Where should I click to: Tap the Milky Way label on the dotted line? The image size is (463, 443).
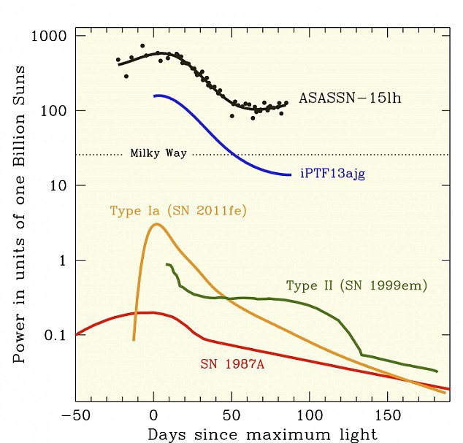point(158,153)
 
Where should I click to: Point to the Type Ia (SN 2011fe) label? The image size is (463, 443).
point(177,212)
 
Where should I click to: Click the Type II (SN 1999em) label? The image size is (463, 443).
point(356,285)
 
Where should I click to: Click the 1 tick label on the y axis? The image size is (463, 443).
point(62,261)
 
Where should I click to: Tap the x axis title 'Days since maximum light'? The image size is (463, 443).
point(263,434)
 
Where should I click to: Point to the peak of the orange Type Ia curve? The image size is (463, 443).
point(156,224)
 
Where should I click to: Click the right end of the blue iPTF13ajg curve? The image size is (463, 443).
point(291,174)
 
